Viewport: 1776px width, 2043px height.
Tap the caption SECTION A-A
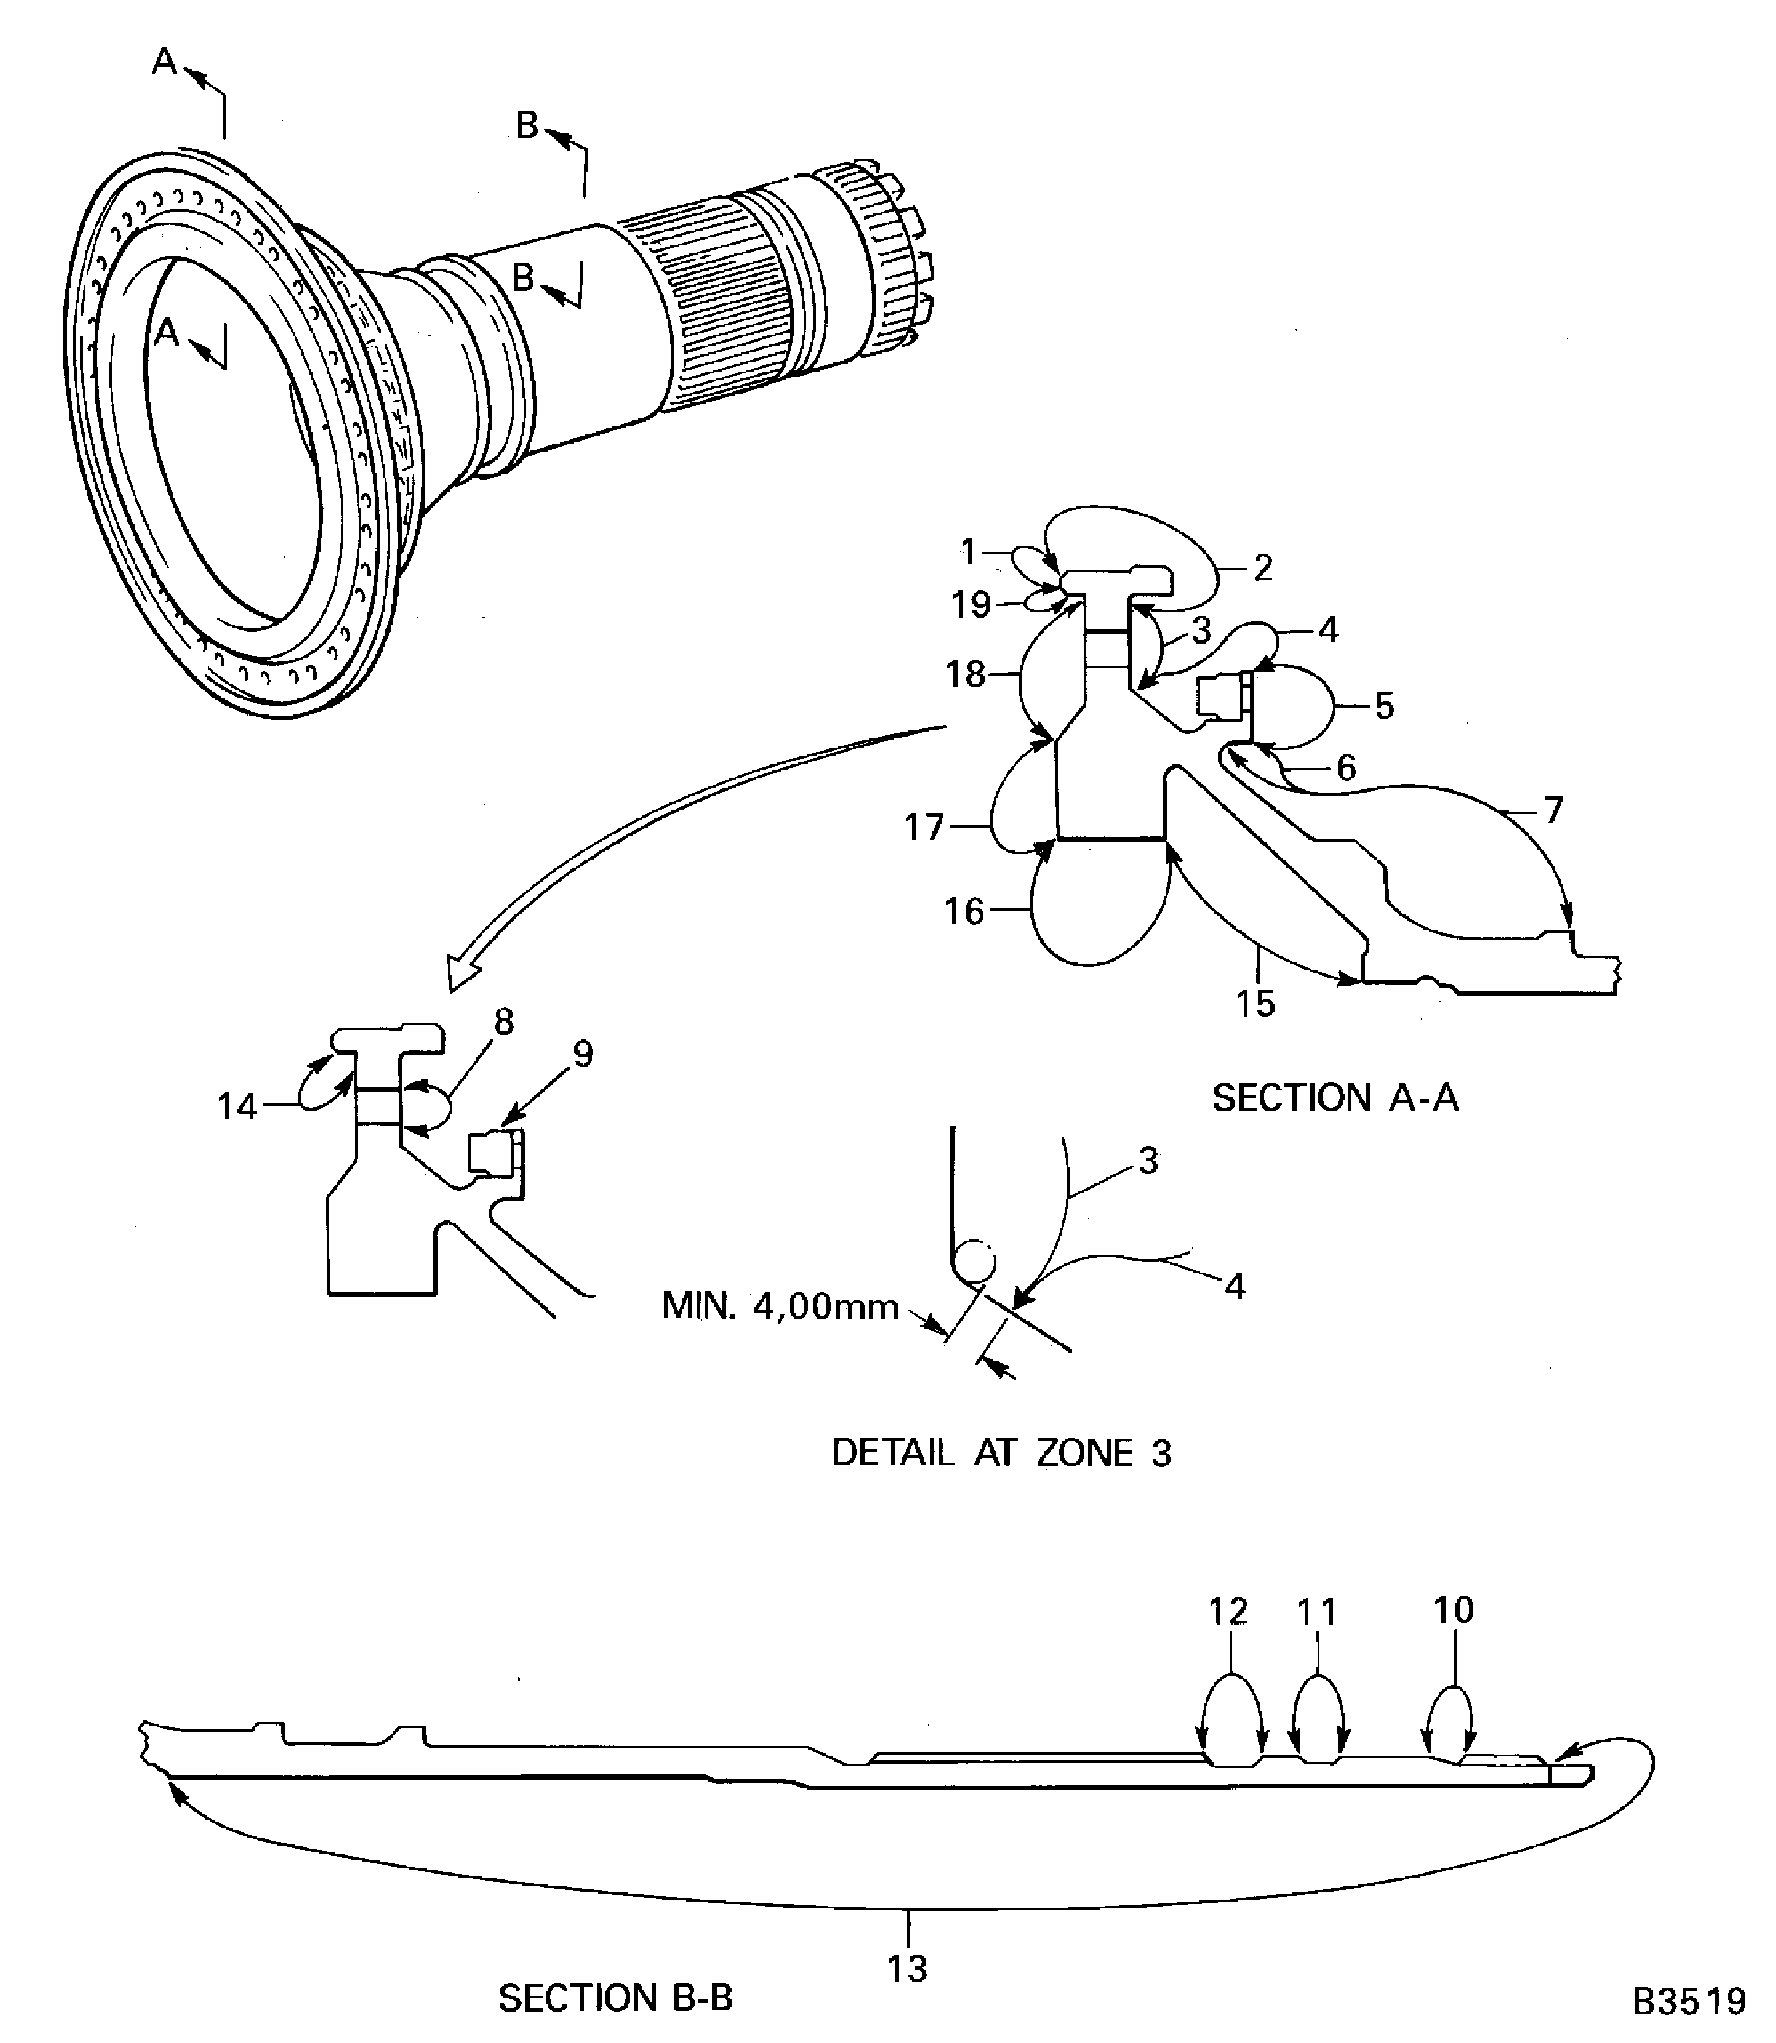pos(1335,1097)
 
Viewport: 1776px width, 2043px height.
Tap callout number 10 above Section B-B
pos(1453,1610)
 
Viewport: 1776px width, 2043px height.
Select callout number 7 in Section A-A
pos(1553,810)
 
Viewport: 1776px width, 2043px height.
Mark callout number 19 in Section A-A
pos(970,604)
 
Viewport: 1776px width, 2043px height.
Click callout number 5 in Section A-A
pos(1384,706)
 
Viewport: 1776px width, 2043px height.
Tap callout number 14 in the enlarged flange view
pos(237,1107)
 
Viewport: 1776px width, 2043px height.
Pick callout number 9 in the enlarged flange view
pos(583,1054)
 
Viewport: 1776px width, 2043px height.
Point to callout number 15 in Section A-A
pos(1254,1003)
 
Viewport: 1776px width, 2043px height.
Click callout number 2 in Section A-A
pos(1262,568)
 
